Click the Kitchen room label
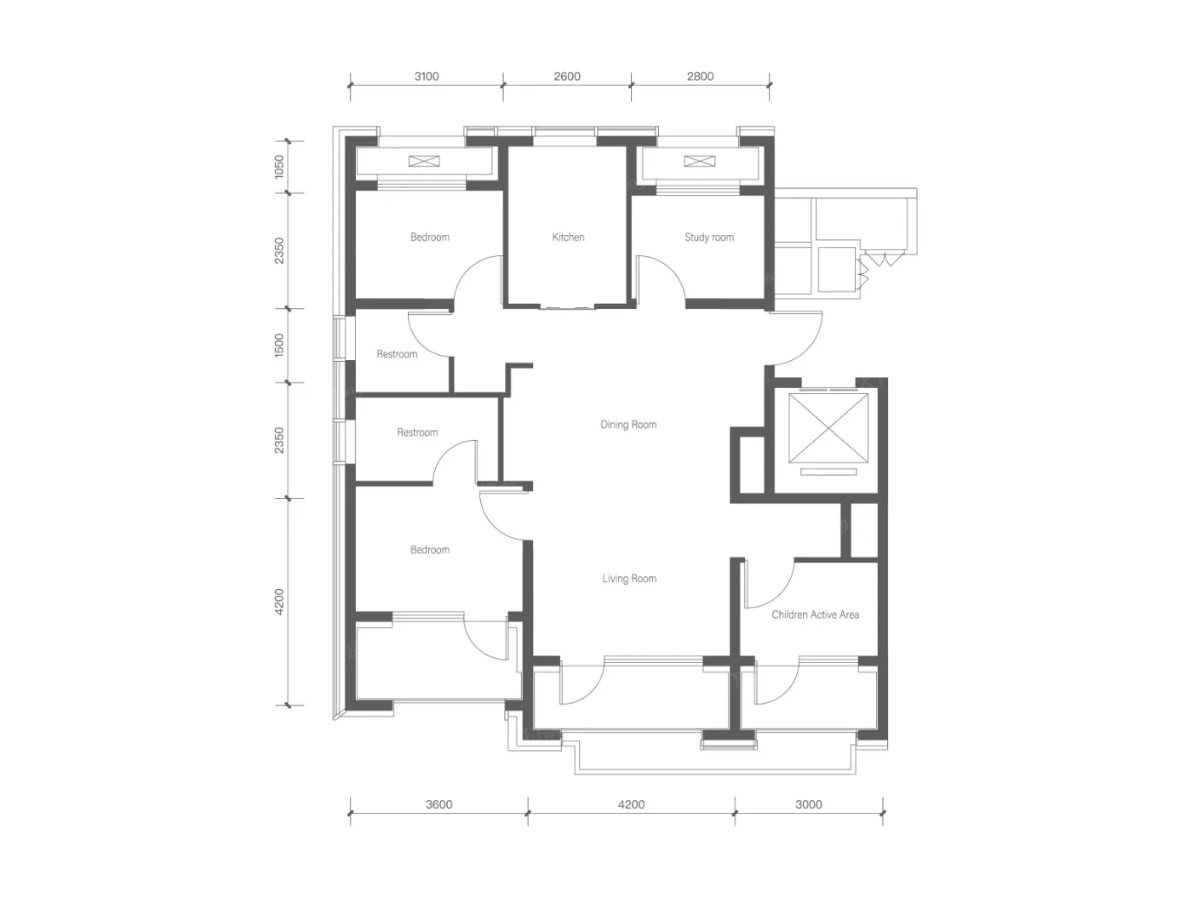568,237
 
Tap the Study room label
708,237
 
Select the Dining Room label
628,425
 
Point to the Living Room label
629,579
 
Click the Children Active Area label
815,615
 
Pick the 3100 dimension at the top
427,77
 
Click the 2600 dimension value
567,77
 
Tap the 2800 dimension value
700,77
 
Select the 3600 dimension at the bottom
438,804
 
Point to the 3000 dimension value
809,804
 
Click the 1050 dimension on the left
278,167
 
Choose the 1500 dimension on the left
278,346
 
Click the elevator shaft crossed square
828,428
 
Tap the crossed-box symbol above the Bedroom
424,161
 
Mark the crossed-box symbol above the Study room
700,161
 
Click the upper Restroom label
397,355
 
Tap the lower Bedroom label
430,550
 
